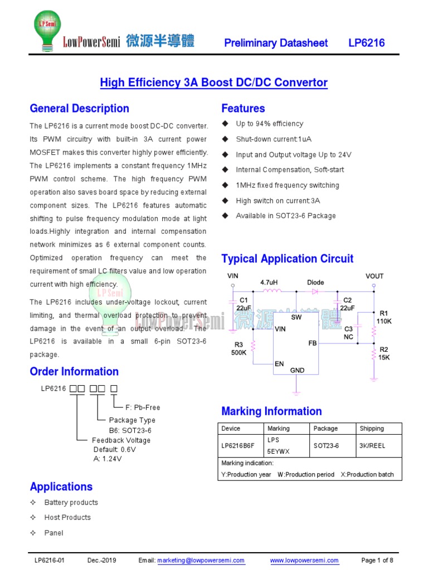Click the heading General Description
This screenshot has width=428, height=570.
(79, 109)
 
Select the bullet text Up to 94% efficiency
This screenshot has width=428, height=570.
(269, 124)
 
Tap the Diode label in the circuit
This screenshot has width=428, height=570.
(315, 282)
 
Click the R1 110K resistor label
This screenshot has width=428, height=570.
(384, 317)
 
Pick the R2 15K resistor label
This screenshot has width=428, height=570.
(384, 353)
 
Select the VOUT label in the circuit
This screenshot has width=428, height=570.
(374, 276)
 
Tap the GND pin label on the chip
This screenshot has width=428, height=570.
(297, 370)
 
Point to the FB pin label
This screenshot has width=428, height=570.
(312, 343)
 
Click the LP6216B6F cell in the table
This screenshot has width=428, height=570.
(237, 446)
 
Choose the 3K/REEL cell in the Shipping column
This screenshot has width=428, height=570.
(372, 446)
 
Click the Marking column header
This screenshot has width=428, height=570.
(279, 429)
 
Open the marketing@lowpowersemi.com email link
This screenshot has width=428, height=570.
(201, 560)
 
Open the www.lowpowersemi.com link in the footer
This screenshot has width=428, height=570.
(304, 560)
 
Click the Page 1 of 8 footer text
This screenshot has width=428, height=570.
(377, 560)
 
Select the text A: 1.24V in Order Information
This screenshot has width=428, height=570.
(108, 459)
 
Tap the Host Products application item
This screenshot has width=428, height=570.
(67, 518)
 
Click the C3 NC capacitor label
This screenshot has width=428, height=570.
(348, 333)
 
